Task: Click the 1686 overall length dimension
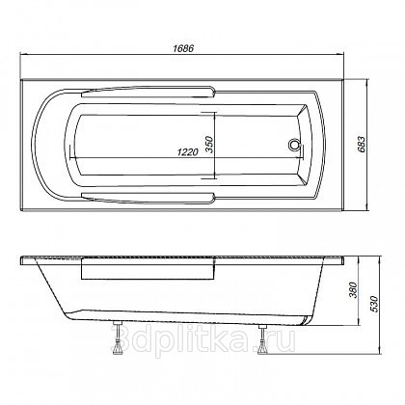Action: tap(183, 48)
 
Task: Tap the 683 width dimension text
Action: tap(361, 145)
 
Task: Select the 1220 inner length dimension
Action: tap(187, 152)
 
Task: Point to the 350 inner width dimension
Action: tap(209, 145)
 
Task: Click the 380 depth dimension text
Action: tap(353, 290)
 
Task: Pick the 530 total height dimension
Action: tap(374, 304)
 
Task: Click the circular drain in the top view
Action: tap(293, 145)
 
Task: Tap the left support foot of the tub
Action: tap(119, 338)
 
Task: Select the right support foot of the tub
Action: tap(262, 339)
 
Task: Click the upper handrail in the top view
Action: tap(148, 91)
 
